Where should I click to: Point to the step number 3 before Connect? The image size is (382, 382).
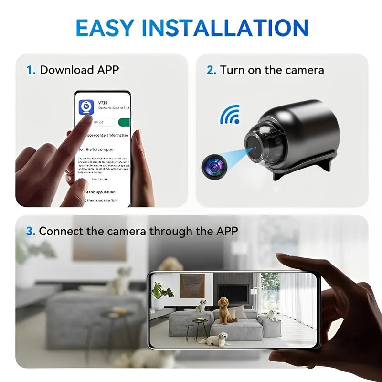pyautogui.click(x=31, y=232)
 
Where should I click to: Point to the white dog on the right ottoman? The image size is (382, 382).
pyautogui.click(x=273, y=315)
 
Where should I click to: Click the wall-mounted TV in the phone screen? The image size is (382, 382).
pyautogui.click(x=233, y=292)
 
